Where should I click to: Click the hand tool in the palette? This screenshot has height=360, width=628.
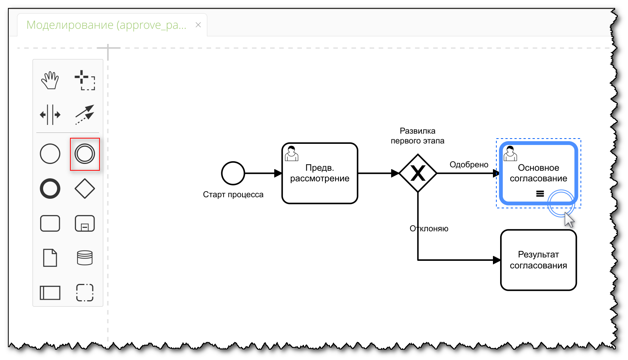[x=50, y=80]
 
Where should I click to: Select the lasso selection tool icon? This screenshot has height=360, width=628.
[x=85, y=80]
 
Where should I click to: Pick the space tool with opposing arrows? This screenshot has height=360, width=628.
[x=50, y=114]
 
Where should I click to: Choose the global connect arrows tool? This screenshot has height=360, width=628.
[x=85, y=114]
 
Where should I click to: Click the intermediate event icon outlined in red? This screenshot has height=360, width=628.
[x=85, y=154]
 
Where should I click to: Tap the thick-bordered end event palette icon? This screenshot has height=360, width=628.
[x=50, y=189]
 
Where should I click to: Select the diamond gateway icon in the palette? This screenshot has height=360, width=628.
[x=85, y=189]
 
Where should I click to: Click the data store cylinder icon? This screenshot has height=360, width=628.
[x=85, y=258]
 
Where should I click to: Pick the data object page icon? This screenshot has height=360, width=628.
[x=50, y=258]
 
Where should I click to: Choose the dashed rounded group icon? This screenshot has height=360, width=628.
[x=85, y=293]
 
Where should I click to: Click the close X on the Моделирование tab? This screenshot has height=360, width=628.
[x=198, y=25]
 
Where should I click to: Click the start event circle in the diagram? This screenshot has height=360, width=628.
[x=233, y=173]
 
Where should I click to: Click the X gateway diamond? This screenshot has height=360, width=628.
[x=418, y=173]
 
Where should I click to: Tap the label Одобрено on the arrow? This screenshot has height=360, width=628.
[x=469, y=165]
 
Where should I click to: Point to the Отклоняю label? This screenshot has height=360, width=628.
[x=429, y=229]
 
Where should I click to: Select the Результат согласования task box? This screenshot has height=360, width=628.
[x=538, y=260]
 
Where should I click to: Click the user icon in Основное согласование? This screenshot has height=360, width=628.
[x=510, y=153]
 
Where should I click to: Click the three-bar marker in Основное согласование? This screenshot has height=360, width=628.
[x=540, y=194]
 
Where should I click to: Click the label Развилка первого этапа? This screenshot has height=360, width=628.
[x=418, y=136]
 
